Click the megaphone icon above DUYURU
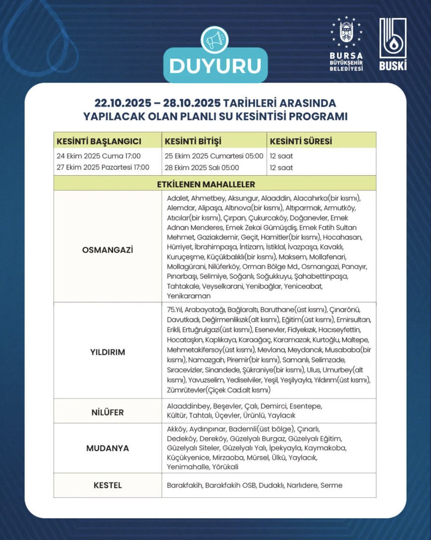215,39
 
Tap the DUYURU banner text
215,66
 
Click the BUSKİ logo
393,44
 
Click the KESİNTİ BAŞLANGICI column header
99,141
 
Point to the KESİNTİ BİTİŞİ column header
193,141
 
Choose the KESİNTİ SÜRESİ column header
301,141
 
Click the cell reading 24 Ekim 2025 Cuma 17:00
98,156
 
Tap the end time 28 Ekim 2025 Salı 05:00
201,168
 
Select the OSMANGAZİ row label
107,250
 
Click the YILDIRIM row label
107,352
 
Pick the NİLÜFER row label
107,413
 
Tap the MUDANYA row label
107,448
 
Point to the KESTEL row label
107,485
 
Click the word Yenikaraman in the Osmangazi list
189,296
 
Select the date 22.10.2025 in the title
123,103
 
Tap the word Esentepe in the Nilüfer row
306,406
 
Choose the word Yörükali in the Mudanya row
225,467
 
